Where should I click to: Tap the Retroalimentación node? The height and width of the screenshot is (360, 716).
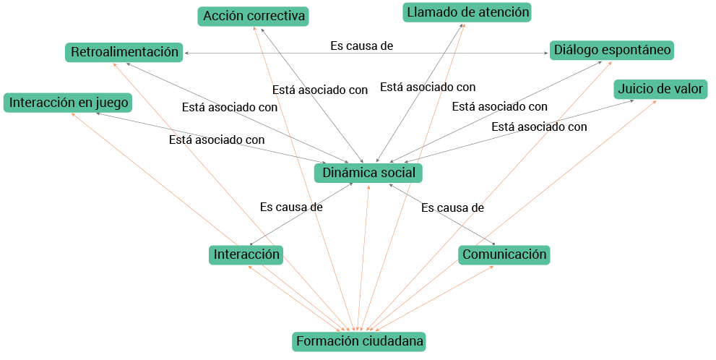124,52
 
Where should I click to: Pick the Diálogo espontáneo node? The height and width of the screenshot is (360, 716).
612,51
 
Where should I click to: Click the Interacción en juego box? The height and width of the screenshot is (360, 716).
69,103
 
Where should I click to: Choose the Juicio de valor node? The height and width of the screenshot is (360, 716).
660,90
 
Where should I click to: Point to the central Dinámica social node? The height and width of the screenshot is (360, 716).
368,173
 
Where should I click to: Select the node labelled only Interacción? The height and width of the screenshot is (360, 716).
246,254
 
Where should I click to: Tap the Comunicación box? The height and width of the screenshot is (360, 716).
504,254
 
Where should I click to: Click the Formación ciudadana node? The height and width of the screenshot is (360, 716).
359,341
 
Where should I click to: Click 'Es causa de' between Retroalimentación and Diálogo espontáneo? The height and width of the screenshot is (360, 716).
361,46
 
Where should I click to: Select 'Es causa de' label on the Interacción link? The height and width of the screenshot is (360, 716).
290,207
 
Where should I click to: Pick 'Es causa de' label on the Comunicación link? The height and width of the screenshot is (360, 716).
452,207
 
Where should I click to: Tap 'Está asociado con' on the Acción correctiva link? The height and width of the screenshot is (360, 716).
320,90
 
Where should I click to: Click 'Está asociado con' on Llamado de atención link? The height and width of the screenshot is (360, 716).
428,87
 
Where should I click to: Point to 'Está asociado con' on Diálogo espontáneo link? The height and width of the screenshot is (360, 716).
499,107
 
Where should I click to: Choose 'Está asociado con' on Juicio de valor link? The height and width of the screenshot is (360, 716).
539,127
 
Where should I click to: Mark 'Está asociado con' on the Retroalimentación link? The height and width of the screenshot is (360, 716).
230,108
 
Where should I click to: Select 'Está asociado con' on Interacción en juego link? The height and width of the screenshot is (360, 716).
217,140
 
